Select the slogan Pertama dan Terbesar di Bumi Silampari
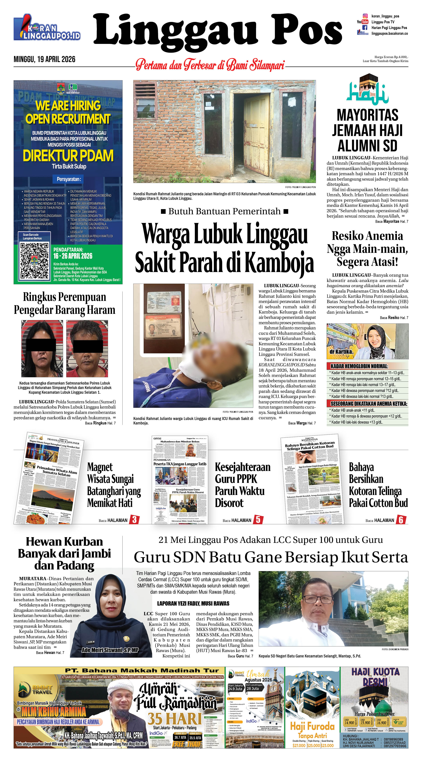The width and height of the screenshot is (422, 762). coord(210,65)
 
